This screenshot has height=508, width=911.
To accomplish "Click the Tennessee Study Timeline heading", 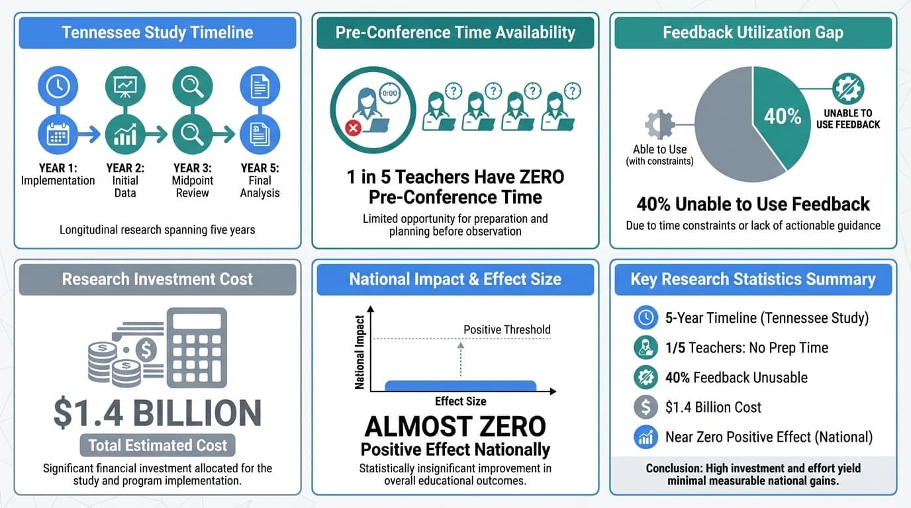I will click(158, 32).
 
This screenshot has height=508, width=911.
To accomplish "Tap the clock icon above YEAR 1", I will click(58, 86).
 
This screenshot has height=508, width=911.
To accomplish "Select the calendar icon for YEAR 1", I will click(58, 134).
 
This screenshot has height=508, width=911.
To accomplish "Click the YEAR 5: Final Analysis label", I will click(260, 181).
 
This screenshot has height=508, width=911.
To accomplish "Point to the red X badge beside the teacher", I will click(354, 128).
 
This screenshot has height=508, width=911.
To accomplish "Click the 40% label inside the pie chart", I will click(783, 116).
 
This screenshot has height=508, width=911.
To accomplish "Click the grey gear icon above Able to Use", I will click(659, 124).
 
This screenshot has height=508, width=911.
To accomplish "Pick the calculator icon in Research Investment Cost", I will click(205, 348).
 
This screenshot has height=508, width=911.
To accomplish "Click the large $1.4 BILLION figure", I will click(158, 413).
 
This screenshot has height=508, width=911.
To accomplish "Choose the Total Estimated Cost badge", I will click(158, 445).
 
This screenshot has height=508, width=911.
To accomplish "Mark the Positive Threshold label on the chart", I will click(507, 329).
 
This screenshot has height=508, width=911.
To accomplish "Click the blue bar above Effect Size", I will click(461, 386).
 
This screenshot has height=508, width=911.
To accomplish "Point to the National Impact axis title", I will click(360, 353).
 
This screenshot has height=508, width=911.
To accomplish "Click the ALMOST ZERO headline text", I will click(455, 427).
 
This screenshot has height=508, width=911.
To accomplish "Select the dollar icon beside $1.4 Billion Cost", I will click(645, 407).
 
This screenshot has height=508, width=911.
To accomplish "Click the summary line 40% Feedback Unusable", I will click(736, 378).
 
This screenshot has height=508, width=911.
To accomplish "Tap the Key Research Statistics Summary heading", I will click(753, 279).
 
